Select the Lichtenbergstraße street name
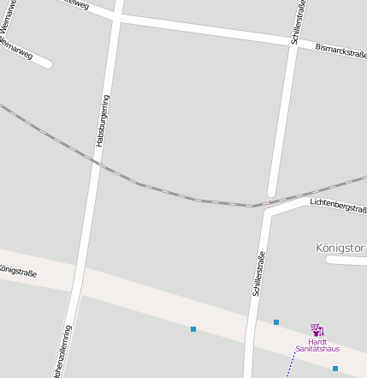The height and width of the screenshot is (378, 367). click(339, 206)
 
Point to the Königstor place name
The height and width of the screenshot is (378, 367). click(340, 248)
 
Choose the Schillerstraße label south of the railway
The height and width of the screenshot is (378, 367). click(258, 273)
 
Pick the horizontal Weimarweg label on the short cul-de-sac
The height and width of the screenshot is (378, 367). click(17, 48)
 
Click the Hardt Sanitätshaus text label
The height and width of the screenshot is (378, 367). click(317, 345)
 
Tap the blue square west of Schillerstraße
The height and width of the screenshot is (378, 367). click(193, 329)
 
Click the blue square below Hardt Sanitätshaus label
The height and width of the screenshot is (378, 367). click(335, 368)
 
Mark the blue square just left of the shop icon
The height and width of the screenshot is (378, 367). click(276, 322)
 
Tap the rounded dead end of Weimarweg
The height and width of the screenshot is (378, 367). click(48, 63)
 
